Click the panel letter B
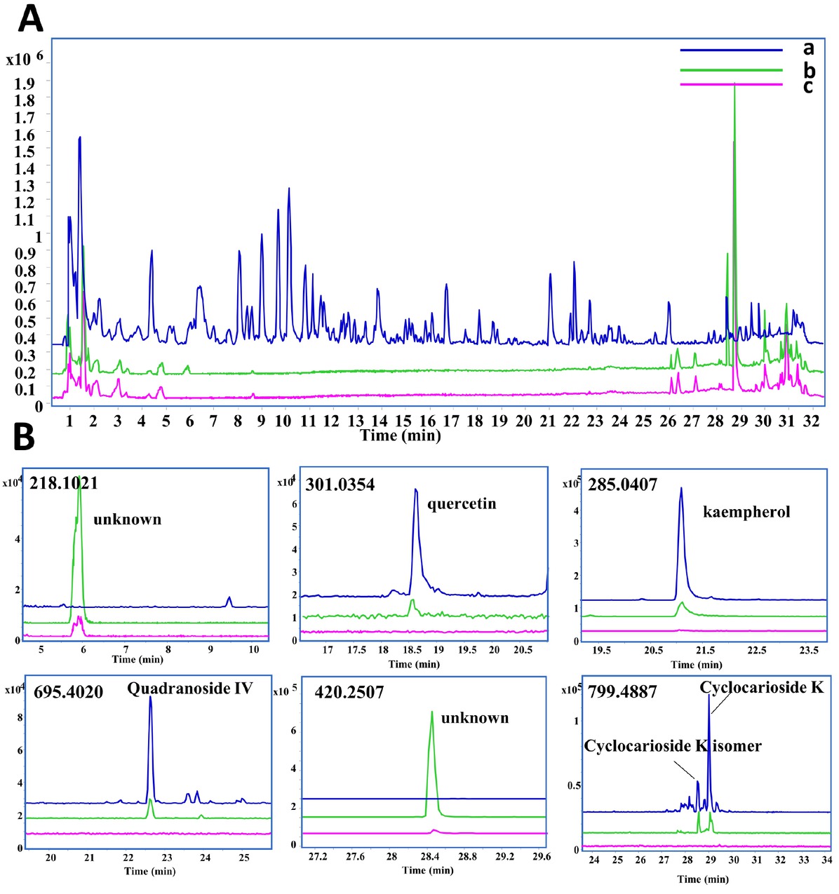(x=25, y=437)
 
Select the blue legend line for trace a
(x=730, y=50)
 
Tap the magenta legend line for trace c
(x=730, y=85)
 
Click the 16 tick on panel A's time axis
(x=427, y=421)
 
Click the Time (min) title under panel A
(x=400, y=435)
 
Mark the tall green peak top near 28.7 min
(x=734, y=84)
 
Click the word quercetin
(x=462, y=504)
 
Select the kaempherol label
(x=746, y=512)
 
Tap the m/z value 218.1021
(x=64, y=482)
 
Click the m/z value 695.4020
(x=69, y=693)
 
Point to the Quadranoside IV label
(x=189, y=689)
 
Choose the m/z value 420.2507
(x=349, y=693)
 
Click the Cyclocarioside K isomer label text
(x=672, y=745)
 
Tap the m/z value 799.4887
(x=623, y=692)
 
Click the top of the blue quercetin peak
(x=415, y=489)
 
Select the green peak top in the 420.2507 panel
(x=432, y=712)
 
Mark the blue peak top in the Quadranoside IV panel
(x=150, y=698)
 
